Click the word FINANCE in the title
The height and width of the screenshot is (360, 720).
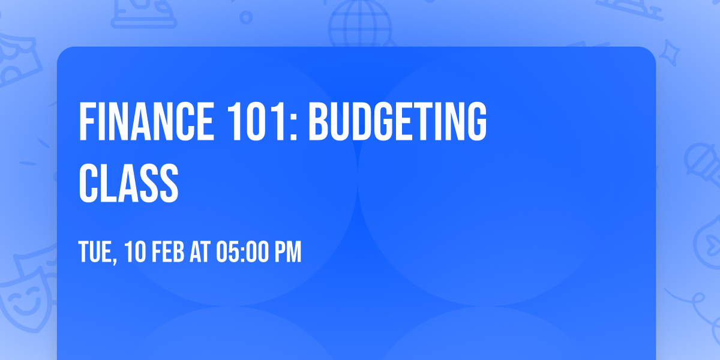click(146, 121)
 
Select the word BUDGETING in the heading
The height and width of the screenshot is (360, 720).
click(398, 121)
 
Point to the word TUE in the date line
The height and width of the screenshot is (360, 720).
click(95, 252)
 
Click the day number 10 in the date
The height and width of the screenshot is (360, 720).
click(135, 252)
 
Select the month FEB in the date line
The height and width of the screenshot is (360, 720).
click(168, 252)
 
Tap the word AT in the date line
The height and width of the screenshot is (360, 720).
click(200, 252)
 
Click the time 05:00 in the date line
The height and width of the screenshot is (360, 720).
click(242, 252)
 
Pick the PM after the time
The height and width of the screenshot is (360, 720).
click(287, 252)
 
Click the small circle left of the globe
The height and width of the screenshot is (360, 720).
click(246, 17)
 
